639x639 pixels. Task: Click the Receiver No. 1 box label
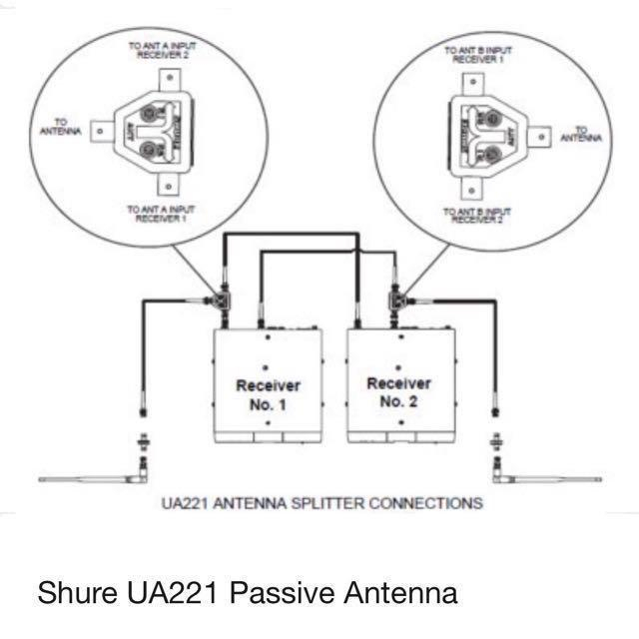click(x=268, y=394)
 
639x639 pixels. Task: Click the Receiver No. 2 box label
click(x=398, y=392)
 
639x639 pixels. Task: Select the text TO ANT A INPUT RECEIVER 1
click(x=161, y=214)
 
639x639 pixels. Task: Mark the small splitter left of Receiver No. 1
click(x=217, y=299)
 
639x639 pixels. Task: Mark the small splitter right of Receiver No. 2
click(x=395, y=299)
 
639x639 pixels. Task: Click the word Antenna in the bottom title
click(x=400, y=592)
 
